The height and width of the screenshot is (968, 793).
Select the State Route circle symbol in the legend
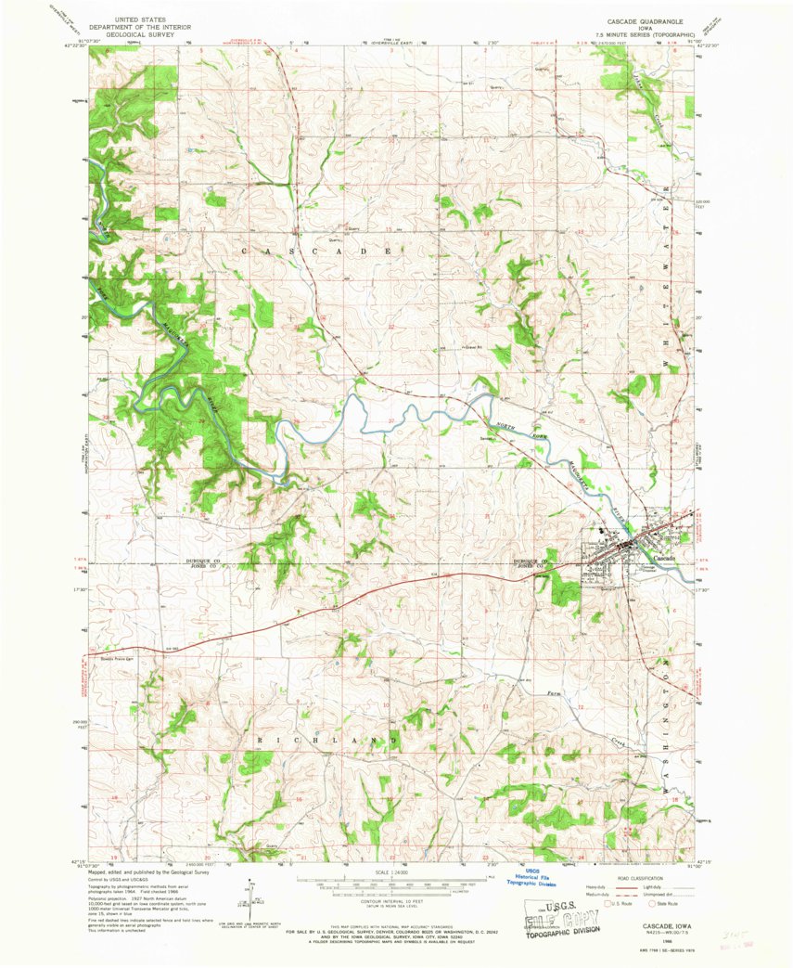[x=651, y=901]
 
